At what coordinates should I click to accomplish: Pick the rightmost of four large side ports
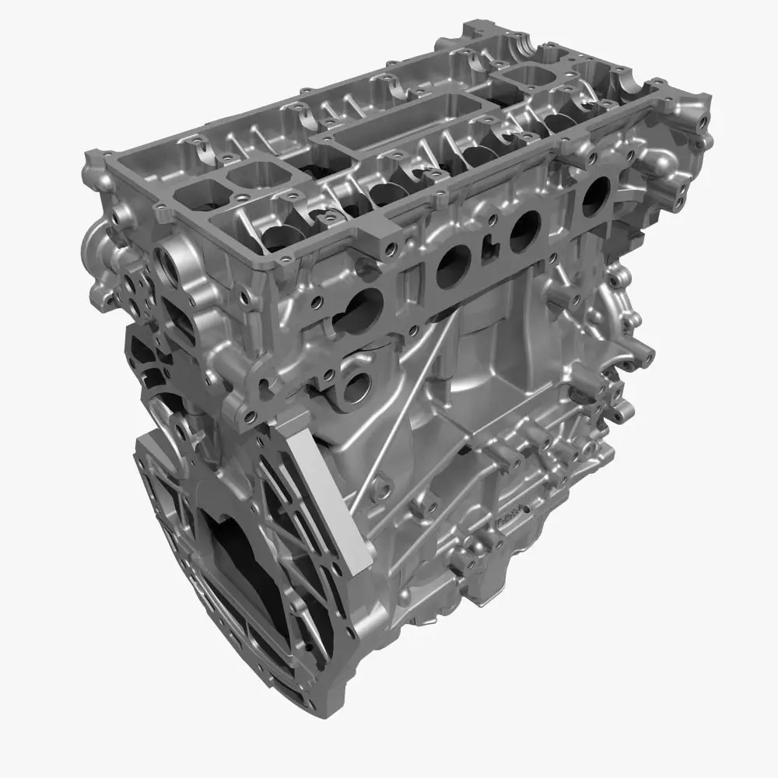point(595,195)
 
